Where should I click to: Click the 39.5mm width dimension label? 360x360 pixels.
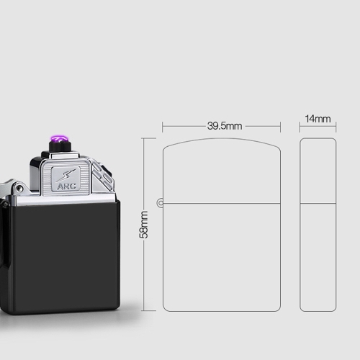point(225,126)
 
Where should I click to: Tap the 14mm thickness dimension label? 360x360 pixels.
point(318,119)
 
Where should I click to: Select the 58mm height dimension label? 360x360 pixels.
point(144,225)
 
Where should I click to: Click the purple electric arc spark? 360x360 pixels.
point(59,139)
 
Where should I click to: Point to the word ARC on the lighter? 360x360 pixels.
point(66,186)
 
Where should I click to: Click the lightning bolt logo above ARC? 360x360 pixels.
point(66,175)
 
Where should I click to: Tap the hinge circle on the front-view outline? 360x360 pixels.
point(160,203)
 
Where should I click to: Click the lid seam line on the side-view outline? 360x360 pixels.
point(318,204)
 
